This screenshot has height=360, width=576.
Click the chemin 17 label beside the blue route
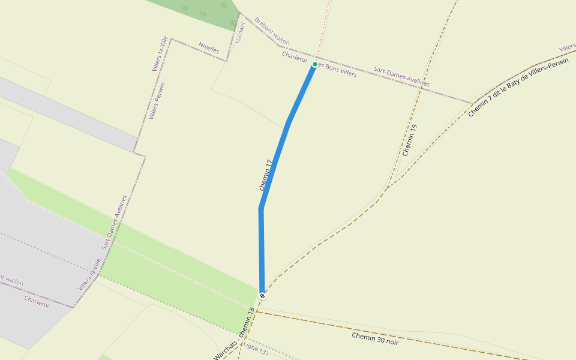(x=266, y=175)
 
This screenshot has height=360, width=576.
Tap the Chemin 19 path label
(x=410, y=140)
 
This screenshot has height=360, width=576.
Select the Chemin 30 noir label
(x=375, y=338)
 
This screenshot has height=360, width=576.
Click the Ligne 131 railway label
(x=257, y=351)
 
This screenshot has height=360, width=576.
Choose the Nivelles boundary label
(x=209, y=47)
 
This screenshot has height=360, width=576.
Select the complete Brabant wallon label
(x=272, y=31)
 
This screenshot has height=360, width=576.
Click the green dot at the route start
(x=314, y=64)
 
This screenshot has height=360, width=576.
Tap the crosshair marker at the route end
(x=262, y=296)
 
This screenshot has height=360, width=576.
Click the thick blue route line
(x=275, y=162)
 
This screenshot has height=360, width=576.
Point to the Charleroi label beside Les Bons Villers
(x=295, y=58)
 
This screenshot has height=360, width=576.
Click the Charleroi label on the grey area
(x=37, y=301)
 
